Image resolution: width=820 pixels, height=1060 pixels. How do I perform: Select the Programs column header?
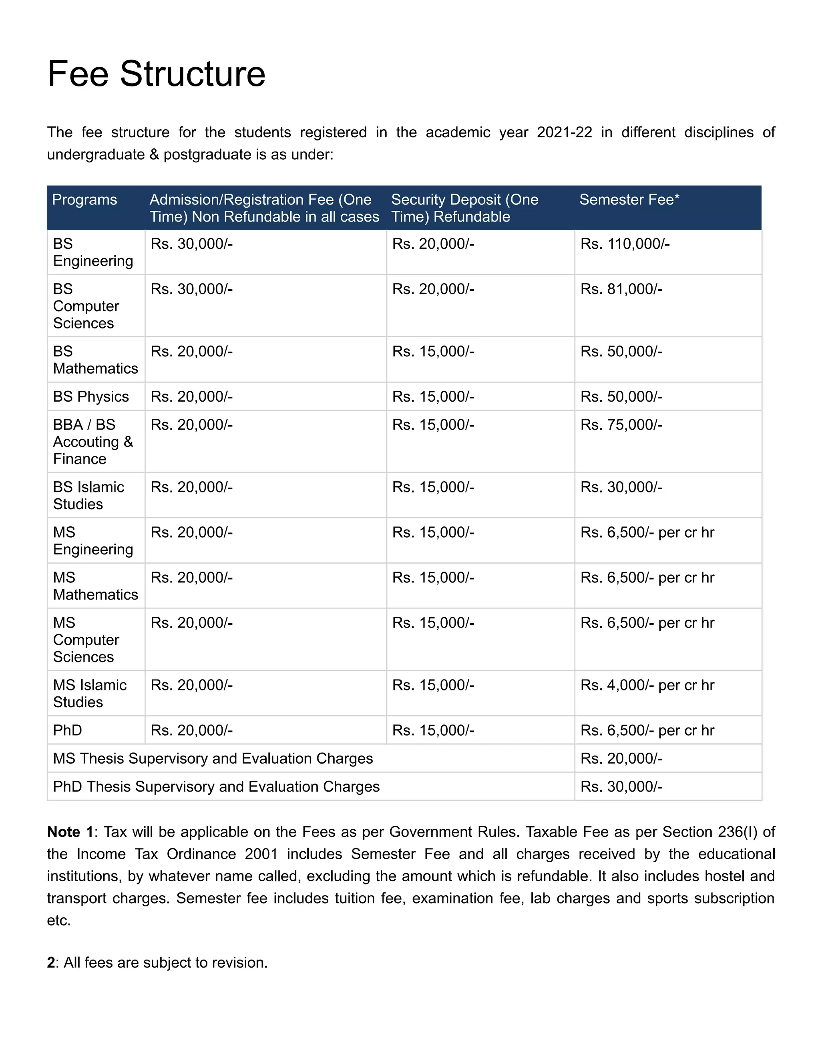point(84,200)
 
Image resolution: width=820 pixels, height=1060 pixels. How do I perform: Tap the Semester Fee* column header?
point(629,200)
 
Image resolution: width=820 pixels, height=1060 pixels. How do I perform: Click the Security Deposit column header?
point(464,208)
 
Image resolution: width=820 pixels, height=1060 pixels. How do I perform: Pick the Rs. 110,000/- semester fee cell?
point(625,244)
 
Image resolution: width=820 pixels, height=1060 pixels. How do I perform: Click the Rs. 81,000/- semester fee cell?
point(621,289)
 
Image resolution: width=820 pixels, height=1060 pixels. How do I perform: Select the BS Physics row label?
point(91,396)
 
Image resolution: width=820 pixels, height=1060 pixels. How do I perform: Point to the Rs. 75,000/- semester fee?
point(621,425)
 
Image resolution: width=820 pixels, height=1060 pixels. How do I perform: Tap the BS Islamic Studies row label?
point(88,496)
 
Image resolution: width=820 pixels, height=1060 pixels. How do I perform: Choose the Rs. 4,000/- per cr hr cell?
point(647,685)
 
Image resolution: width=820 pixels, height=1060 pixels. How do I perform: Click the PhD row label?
point(68,730)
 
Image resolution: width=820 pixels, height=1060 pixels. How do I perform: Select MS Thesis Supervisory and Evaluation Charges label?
point(213,758)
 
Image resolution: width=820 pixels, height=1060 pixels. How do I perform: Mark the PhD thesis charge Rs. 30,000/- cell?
point(621,786)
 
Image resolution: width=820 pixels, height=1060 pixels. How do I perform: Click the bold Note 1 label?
point(70,832)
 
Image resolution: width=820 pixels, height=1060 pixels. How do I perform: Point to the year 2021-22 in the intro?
point(564,132)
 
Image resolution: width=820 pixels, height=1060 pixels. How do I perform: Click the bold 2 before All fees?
point(51,962)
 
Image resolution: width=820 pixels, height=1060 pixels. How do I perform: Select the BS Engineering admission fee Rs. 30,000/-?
point(191,244)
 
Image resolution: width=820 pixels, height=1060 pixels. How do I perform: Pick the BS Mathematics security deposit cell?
point(433,351)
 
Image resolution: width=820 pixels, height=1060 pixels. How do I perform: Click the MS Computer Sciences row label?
point(86,640)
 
